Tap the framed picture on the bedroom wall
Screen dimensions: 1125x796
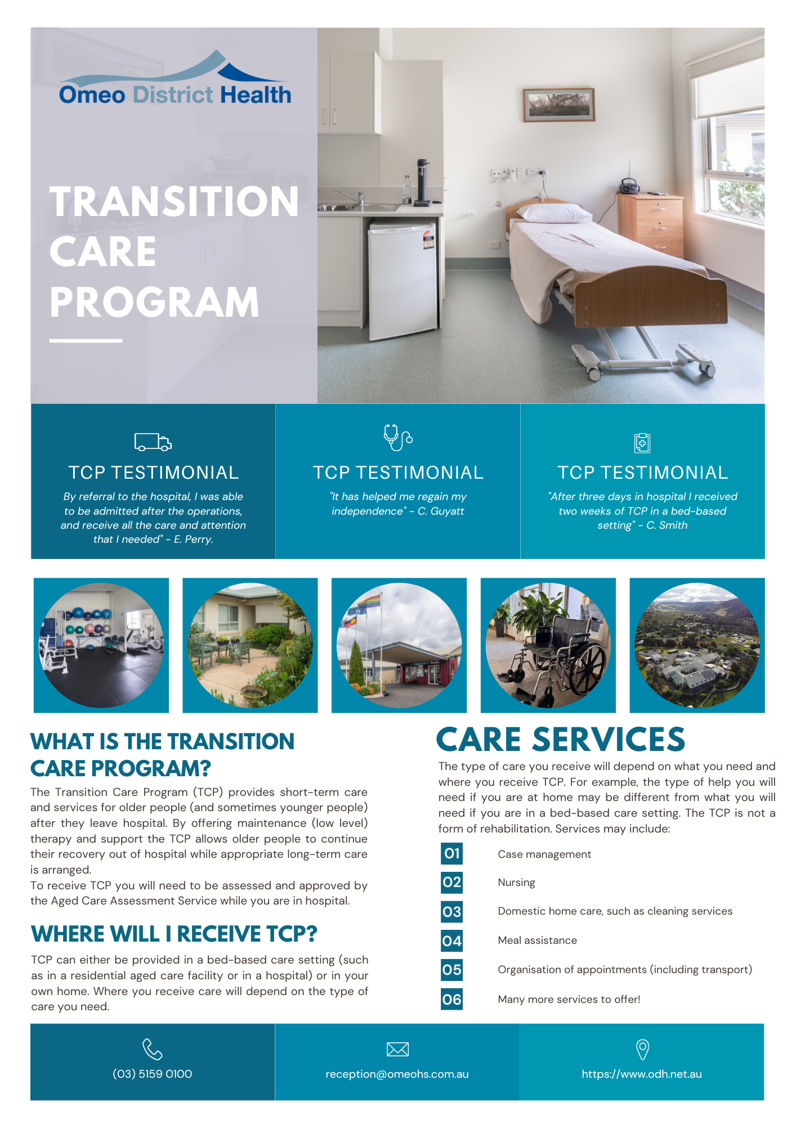(558, 105)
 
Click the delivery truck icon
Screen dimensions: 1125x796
(153, 442)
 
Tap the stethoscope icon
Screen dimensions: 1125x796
(397, 438)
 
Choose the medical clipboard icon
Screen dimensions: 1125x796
(642, 443)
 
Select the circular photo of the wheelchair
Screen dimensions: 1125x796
(548, 645)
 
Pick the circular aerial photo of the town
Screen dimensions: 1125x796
(697, 645)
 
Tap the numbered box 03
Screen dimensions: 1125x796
(451, 912)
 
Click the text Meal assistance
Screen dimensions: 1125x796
(537, 940)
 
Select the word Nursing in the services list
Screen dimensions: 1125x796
(516, 883)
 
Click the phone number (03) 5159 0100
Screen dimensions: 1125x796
(153, 1074)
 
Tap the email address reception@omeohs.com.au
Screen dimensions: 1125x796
(397, 1074)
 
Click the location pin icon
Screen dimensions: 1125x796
(642, 1049)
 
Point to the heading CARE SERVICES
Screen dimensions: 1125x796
(560, 739)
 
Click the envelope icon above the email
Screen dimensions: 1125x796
(397, 1049)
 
